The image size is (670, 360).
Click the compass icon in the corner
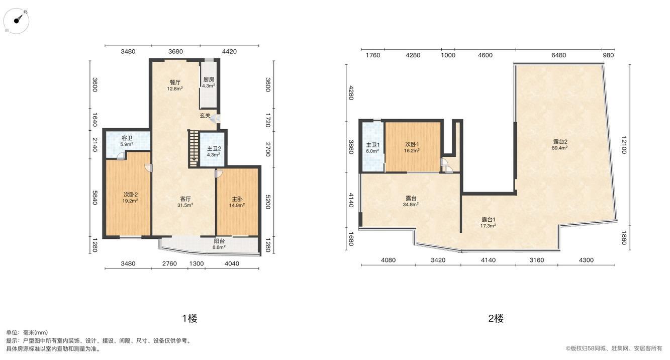pyautogui.click(x=16, y=21)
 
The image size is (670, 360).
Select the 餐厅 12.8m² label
pyautogui.click(x=175, y=85)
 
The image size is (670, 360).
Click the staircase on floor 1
pyautogui.click(x=194, y=149)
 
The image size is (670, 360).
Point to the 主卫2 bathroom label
pyautogui.click(x=214, y=151)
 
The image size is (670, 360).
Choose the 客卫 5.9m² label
pyautogui.click(x=127, y=141)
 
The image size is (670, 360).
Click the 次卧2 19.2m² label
pyautogui.click(x=130, y=198)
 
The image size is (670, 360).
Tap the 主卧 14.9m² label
pyautogui.click(x=237, y=202)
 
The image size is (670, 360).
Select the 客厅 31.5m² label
pyautogui.click(x=185, y=202)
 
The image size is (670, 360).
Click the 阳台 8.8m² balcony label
pyautogui.click(x=219, y=244)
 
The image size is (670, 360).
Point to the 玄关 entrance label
pyautogui.click(x=205, y=116)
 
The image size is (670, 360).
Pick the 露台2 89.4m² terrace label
pyautogui.click(x=560, y=144)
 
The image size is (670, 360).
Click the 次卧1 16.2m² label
pyautogui.click(x=412, y=147)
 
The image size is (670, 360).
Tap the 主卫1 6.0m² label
pyautogui.click(x=372, y=148)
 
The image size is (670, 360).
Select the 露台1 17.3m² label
pyautogui.click(x=488, y=222)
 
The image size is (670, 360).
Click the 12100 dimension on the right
pyautogui.click(x=623, y=145)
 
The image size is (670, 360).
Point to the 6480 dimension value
pyautogui.click(x=559, y=55)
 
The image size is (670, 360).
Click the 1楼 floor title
pyautogui.click(x=189, y=318)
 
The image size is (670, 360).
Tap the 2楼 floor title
pyautogui.click(x=496, y=318)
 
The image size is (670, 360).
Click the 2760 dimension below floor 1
pyautogui.click(x=169, y=263)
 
